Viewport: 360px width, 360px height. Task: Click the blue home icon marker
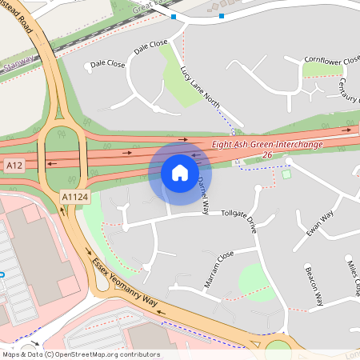pyautogui.click(x=180, y=172)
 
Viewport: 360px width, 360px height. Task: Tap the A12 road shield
pyautogui.click(x=14, y=165)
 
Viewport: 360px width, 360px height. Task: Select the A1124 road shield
pyautogui.click(x=74, y=195)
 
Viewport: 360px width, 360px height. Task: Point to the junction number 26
pyautogui.click(x=267, y=154)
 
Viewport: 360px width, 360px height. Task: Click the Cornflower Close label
pyautogui.click(x=332, y=60)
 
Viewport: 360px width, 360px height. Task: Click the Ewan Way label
pyautogui.click(x=319, y=223)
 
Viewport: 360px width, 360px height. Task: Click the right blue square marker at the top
pyautogui.click(x=221, y=15)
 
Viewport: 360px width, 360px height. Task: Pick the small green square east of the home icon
pyautogui.click(x=286, y=174)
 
